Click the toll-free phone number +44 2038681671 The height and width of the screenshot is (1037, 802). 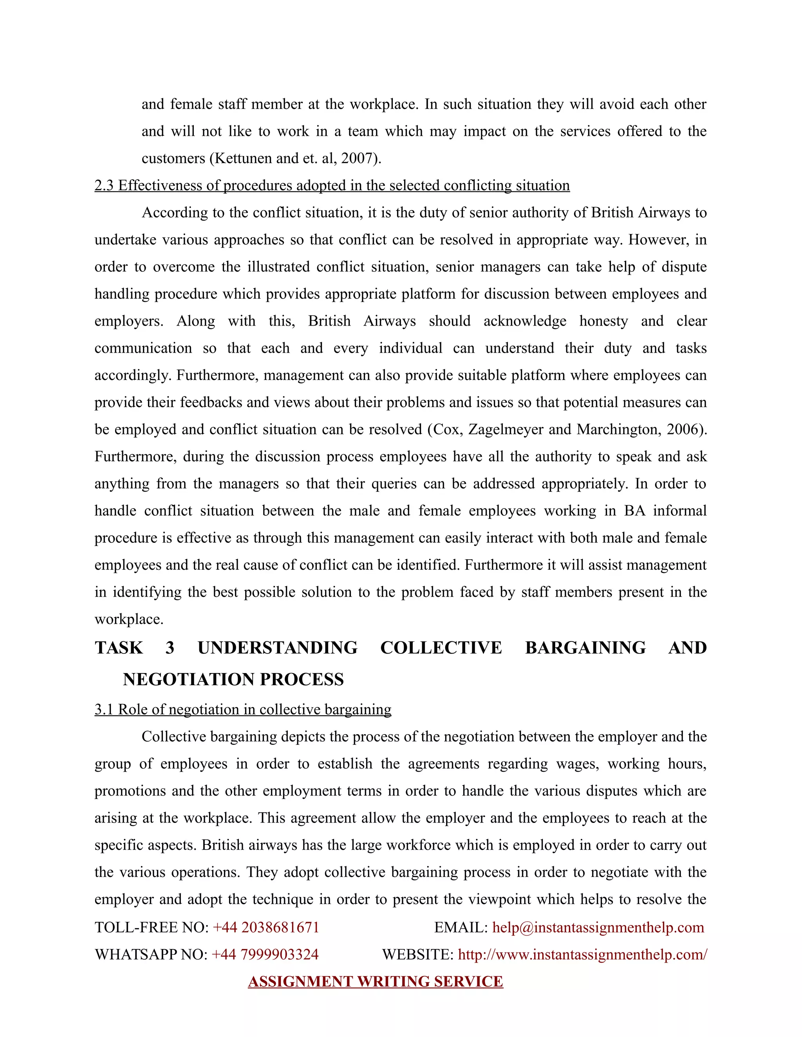266,927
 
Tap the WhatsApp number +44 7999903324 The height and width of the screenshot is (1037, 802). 265,954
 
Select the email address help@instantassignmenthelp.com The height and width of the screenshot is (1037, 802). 598,927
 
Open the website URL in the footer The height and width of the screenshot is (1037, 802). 582,954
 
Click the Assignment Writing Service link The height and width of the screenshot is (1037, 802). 375,981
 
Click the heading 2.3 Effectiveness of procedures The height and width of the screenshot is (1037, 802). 332,185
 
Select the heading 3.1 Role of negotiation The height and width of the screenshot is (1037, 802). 243,709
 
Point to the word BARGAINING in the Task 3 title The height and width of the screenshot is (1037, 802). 585,648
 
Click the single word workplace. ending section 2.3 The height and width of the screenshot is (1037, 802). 129,619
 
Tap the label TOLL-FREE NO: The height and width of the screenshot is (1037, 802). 152,927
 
